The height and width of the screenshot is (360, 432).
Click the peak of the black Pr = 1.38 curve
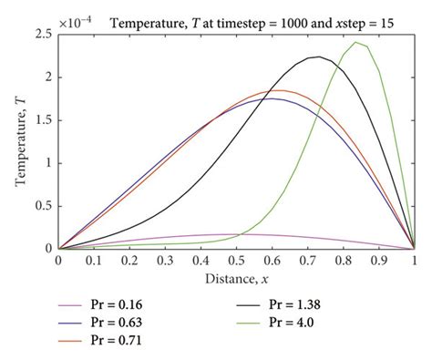tap(315, 57)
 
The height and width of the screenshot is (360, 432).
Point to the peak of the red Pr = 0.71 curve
tap(274, 90)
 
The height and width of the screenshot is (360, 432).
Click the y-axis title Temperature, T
tap(19, 140)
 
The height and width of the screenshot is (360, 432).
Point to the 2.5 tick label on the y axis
tap(42, 35)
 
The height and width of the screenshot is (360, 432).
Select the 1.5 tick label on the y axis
tap(42, 120)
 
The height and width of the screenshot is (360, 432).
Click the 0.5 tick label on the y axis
tap(42, 206)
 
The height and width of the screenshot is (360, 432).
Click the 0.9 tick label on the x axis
tap(376, 261)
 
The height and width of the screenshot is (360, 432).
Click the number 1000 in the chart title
tap(272, 13)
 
